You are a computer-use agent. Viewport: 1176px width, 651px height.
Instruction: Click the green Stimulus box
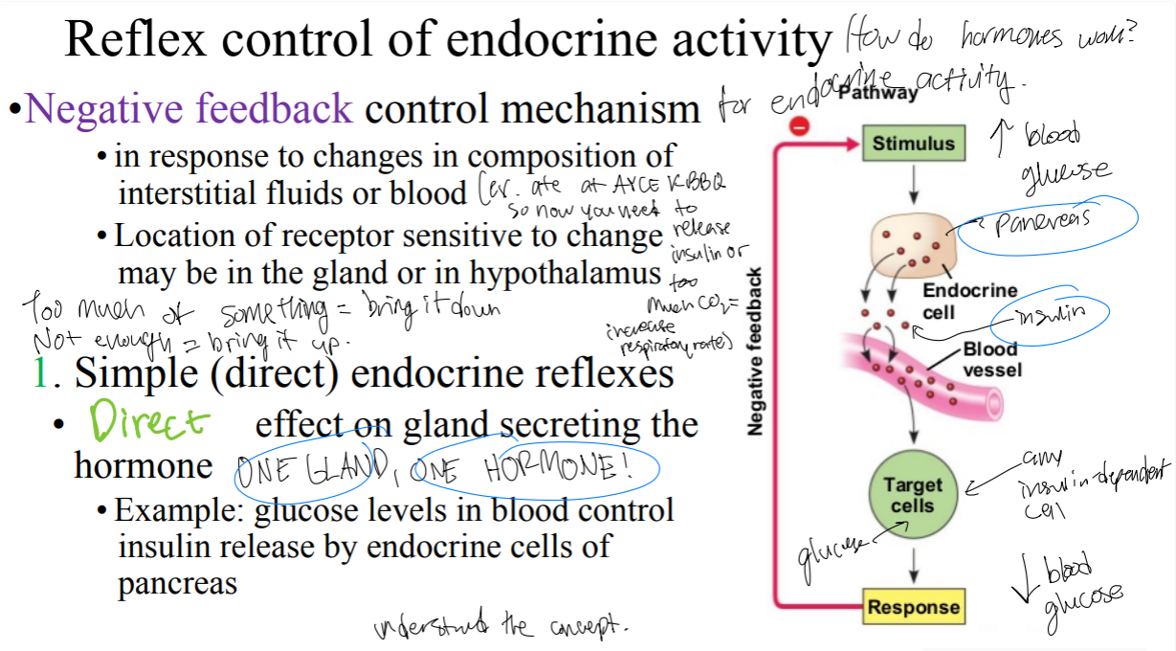pyautogui.click(x=913, y=144)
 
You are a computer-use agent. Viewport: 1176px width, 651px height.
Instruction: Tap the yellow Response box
pyautogui.click(x=913, y=607)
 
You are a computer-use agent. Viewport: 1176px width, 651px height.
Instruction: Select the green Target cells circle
pyautogui.click(x=913, y=495)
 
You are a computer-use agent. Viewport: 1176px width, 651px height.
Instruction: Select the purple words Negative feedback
pyautogui.click(x=189, y=109)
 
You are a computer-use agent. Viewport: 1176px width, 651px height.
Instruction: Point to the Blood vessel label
pyautogui.click(x=990, y=360)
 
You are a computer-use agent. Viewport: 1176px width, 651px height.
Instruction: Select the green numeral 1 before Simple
pyautogui.click(x=40, y=371)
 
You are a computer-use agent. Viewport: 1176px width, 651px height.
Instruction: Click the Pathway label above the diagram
pyautogui.click(x=876, y=93)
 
